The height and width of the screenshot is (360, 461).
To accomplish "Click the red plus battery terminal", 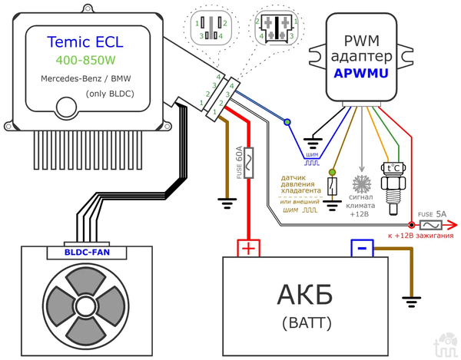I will pos(248,248).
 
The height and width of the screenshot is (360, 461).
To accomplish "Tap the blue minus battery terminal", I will pos(362,248).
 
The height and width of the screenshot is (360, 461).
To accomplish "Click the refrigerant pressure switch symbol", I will pos(332,186).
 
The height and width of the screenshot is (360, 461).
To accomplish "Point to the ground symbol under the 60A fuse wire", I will pos(226,202).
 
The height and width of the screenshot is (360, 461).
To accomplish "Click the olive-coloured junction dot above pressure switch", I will pos(332,171).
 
